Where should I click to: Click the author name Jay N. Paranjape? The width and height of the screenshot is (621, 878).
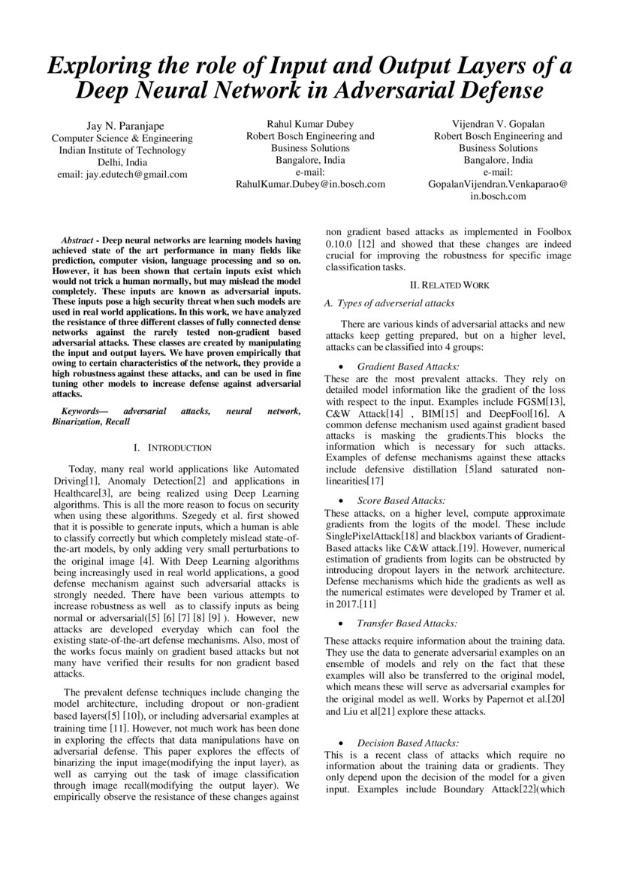[x=121, y=125]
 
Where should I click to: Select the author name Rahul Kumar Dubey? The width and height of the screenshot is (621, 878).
[x=310, y=124]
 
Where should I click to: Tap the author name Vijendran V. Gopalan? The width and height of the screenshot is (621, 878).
[x=498, y=124]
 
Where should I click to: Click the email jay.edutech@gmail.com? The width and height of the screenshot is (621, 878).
[x=122, y=174]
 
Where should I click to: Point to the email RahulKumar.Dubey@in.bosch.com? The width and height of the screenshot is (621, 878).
[x=310, y=184]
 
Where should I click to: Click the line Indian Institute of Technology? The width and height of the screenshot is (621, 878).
[x=122, y=149]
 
